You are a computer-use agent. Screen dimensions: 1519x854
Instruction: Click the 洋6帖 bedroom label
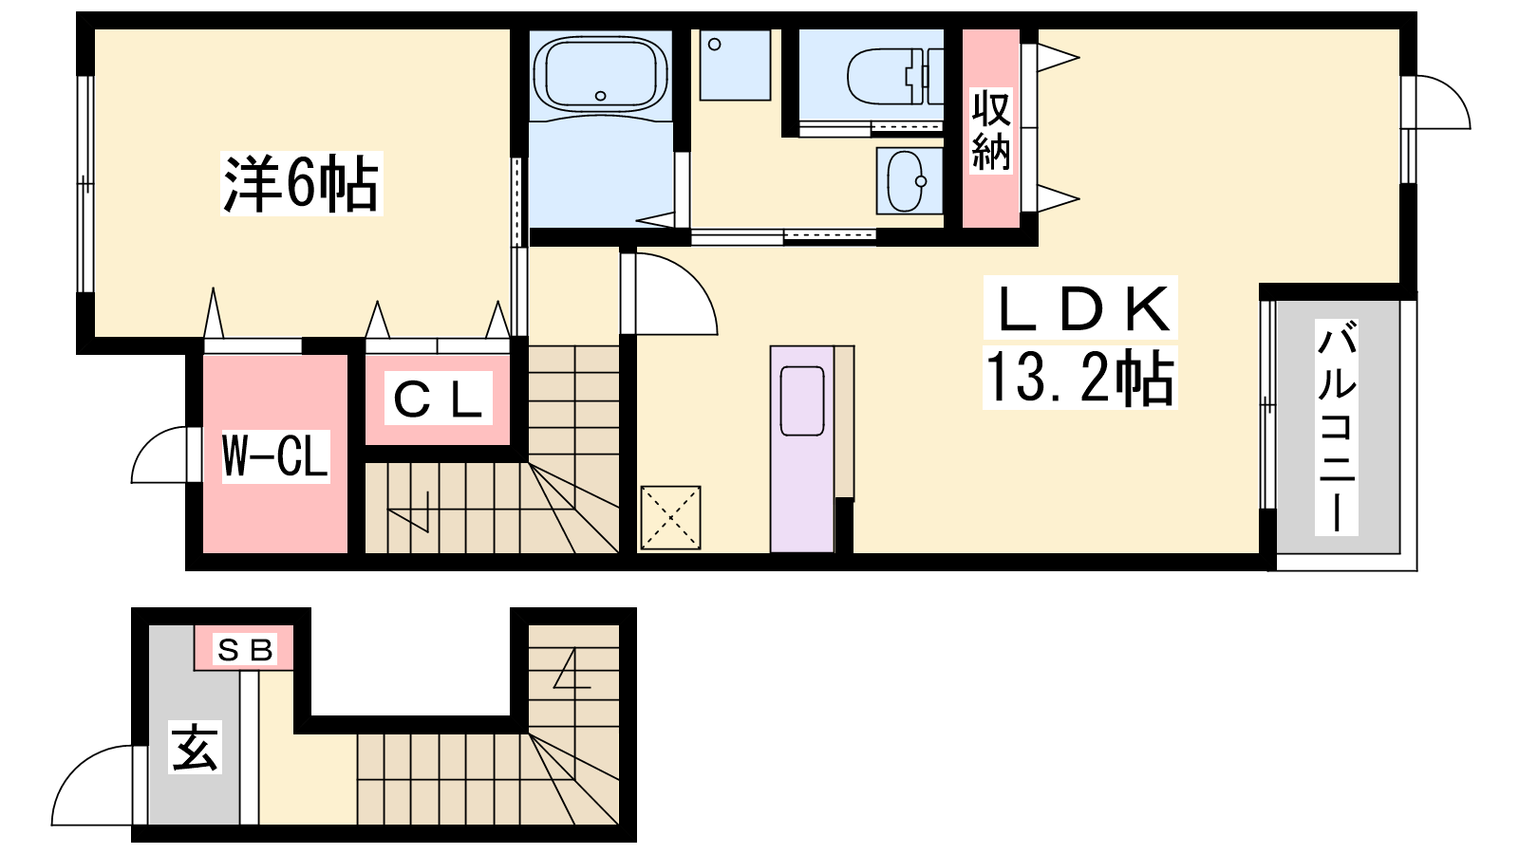pos(301,184)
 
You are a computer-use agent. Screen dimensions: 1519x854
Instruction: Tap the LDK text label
pos(1081,308)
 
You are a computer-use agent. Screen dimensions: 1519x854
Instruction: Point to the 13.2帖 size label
pos(1079,378)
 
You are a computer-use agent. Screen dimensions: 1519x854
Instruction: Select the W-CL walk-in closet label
pos(275,456)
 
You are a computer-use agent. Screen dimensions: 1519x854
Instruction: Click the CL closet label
pos(438,399)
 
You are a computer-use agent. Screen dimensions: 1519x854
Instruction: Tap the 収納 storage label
pos(991,130)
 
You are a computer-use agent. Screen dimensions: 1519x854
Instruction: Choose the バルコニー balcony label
pos(1336,427)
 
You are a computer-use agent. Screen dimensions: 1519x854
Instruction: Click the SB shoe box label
pos(244,650)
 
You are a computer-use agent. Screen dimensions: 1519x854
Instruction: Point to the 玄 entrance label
pos(195,748)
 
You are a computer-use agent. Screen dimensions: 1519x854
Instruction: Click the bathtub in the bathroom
pos(600,74)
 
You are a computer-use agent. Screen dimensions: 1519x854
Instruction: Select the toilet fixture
pos(895,76)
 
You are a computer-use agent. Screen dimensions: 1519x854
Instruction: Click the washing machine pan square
pos(735,65)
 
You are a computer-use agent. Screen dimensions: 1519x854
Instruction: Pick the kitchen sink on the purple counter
pos(802,401)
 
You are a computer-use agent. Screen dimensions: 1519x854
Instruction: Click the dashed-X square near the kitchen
pos(670,518)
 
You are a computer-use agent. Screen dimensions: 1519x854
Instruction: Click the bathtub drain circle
pos(600,96)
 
